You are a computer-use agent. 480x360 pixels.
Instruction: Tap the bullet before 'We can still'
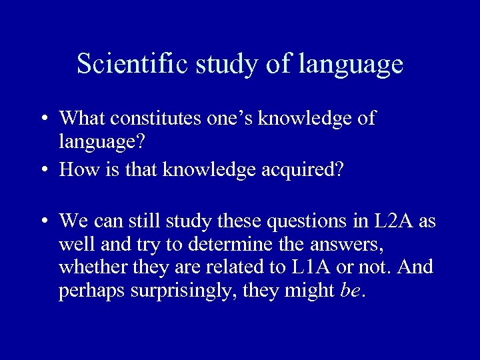click(42, 221)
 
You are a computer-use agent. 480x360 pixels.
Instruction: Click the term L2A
click(387, 220)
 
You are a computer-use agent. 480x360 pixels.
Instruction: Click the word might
click(311, 291)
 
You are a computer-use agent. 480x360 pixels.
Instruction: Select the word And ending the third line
click(416, 267)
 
